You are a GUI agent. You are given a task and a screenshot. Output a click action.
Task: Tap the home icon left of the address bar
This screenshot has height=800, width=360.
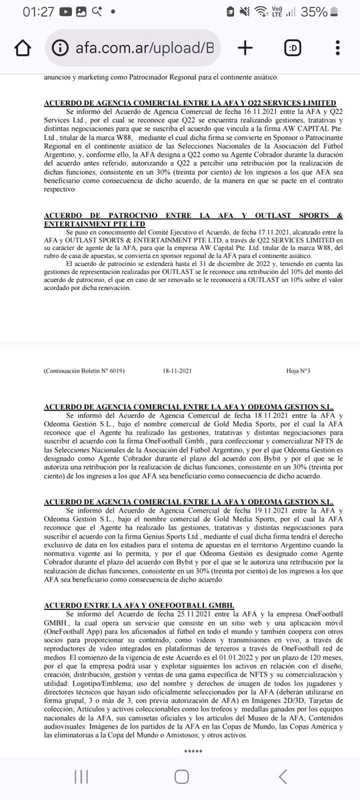point(22,48)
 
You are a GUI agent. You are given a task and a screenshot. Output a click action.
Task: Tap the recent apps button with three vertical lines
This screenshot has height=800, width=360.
point(81,776)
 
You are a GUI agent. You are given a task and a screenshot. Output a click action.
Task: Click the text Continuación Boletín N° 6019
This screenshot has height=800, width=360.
point(84,371)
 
